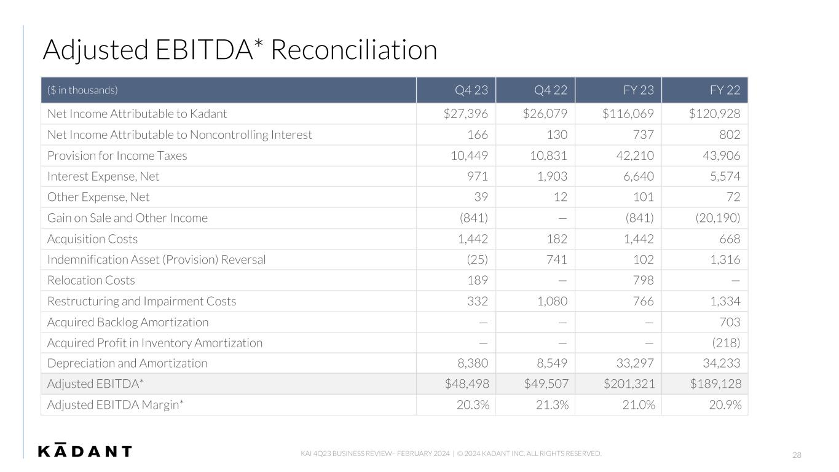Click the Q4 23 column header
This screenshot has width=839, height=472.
(471, 90)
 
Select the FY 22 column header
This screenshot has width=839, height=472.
(725, 90)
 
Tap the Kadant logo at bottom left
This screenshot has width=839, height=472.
(85, 450)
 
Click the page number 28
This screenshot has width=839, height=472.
(797, 455)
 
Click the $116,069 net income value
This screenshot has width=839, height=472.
(628, 114)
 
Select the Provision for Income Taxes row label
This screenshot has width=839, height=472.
(117, 155)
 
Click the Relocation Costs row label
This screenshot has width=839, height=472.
(91, 280)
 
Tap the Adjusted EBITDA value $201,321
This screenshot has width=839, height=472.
(629, 383)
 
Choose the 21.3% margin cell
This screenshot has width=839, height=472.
(552, 404)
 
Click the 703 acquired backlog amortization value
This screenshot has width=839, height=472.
(730, 322)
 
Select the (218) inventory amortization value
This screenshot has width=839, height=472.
(726, 343)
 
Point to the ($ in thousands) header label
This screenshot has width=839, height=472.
(82, 90)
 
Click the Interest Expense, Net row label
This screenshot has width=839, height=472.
(103, 176)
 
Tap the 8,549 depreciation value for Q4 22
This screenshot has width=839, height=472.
(552, 363)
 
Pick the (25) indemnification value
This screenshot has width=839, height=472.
(477, 259)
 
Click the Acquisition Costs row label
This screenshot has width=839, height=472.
(93, 238)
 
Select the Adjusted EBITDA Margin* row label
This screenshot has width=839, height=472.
(116, 405)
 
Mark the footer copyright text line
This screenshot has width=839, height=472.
(451, 454)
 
